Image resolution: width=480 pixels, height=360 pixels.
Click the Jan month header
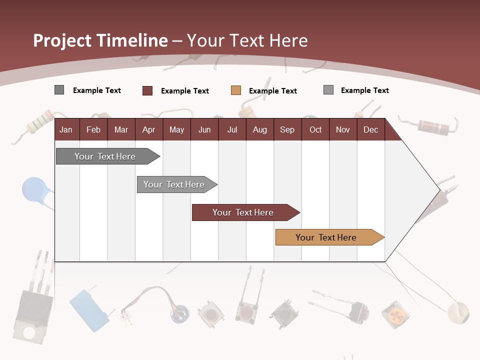pyautogui.click(x=66, y=129)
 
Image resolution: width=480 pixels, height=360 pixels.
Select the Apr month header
pyautogui.click(x=148, y=129)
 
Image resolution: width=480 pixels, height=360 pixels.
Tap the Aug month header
pyautogui.click(x=259, y=129)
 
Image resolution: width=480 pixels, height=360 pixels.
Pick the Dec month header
pyautogui.click(x=370, y=129)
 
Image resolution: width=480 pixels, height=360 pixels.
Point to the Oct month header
pyautogui.click(x=315, y=129)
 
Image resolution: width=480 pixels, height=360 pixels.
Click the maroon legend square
pyautogui.click(x=147, y=90)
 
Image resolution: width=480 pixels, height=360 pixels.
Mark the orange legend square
pyautogui.click(x=236, y=90)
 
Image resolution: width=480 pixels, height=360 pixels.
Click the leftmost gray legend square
pyautogui.click(x=59, y=90)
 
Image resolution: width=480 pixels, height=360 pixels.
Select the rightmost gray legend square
pyautogui.click(x=328, y=90)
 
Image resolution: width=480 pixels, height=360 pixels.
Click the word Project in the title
pyautogui.click(x=62, y=40)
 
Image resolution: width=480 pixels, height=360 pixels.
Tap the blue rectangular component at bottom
pyautogui.click(x=89, y=309)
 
